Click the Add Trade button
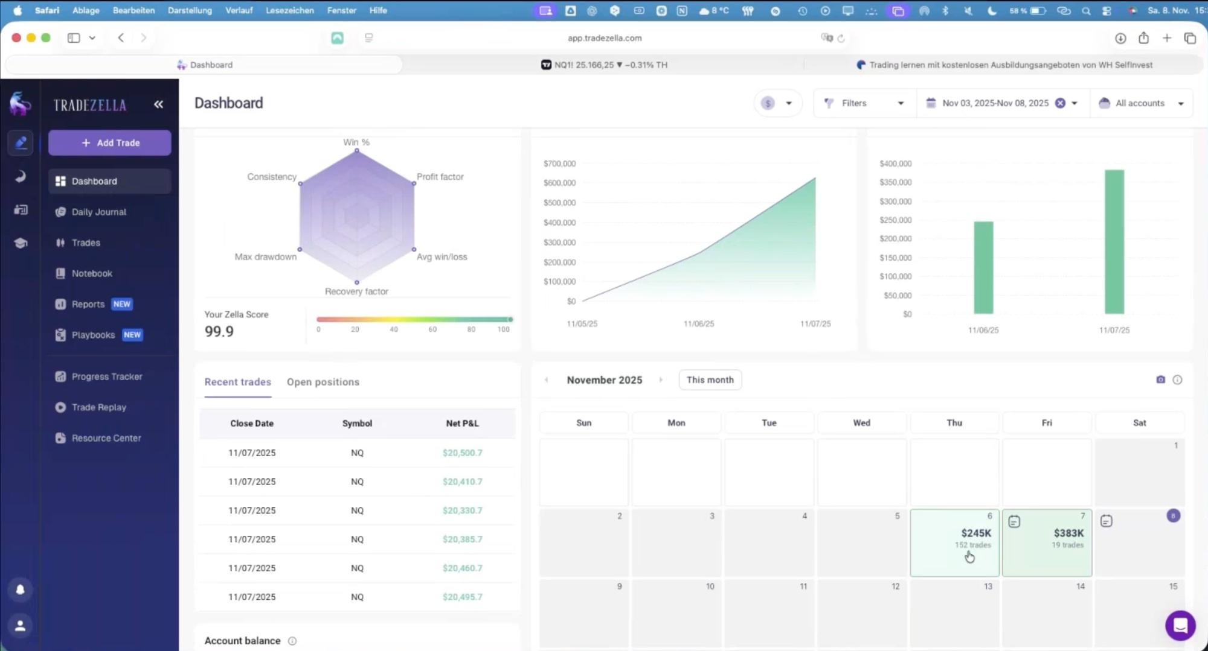(x=110, y=143)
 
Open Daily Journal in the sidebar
(x=98, y=212)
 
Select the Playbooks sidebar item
(x=93, y=335)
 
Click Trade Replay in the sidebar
(x=98, y=407)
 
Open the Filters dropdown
(x=864, y=103)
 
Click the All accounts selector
(x=1141, y=103)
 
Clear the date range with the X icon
(x=1060, y=103)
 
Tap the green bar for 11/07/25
(x=1114, y=242)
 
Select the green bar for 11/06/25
(x=983, y=267)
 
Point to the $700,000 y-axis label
(x=559, y=164)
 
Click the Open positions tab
(x=323, y=382)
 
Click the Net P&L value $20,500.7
(x=462, y=453)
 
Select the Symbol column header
(x=357, y=424)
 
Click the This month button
(x=710, y=380)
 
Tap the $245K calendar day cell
(x=954, y=542)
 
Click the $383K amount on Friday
(x=1068, y=533)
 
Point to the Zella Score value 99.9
(x=219, y=331)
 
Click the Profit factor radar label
(x=440, y=177)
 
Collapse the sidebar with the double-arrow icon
(x=158, y=104)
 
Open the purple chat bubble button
(x=1180, y=625)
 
